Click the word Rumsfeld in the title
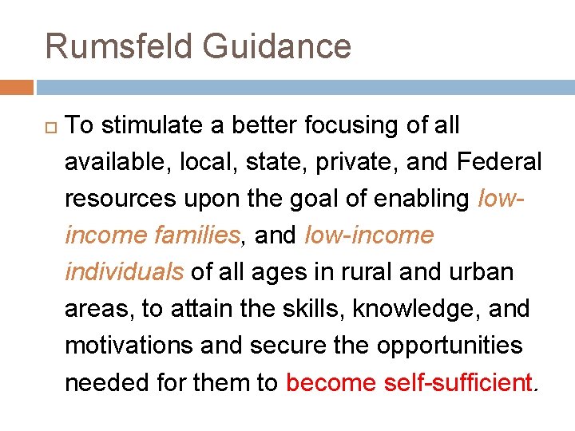point(118,45)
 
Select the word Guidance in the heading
point(276,45)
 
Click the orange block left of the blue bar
point(16,86)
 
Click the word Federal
point(499,162)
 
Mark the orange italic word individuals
point(124,272)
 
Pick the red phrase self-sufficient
point(458,382)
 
